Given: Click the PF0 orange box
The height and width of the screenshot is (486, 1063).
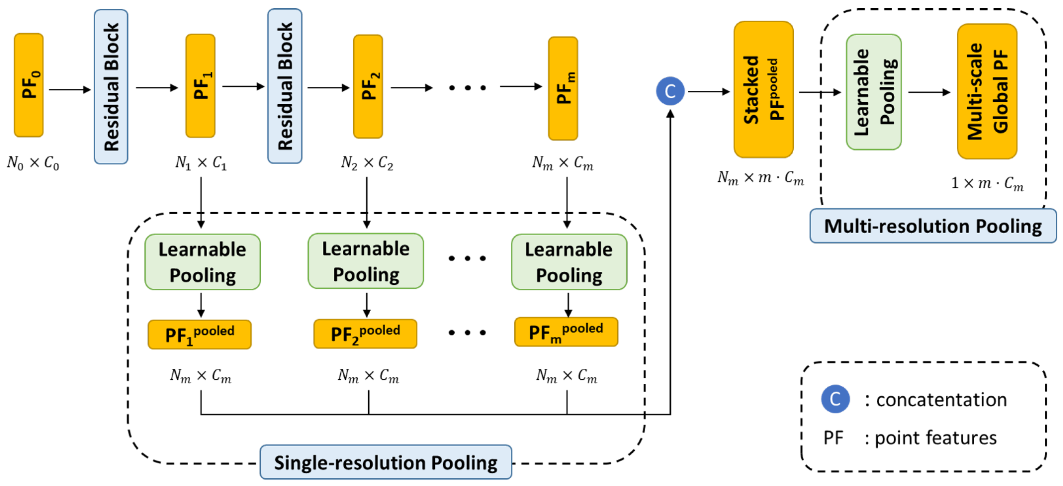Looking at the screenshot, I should [28, 85].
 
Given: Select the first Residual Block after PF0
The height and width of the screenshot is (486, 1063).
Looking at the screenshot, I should [111, 87].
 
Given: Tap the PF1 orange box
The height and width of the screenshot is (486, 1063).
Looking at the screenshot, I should [200, 86].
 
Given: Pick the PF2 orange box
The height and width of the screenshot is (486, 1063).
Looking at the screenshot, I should [368, 86].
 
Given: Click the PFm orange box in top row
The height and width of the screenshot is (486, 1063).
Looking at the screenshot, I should [563, 88].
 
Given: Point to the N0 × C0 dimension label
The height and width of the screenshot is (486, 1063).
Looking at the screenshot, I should [33, 163].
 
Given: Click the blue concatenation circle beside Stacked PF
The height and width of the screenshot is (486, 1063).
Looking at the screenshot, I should [670, 91].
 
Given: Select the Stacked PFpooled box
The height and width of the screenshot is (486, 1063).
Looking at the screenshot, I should [763, 90].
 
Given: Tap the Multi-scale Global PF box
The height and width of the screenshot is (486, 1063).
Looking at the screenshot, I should [987, 91].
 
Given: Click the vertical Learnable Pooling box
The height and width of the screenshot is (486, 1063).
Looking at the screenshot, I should [874, 92].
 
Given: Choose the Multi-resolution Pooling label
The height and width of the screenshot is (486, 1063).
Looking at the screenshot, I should [932, 226].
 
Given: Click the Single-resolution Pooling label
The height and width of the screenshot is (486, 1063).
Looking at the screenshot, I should [386, 462].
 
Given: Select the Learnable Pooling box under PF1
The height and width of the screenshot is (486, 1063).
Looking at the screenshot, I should [202, 262].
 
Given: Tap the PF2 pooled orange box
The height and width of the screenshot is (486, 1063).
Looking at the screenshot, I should [365, 333].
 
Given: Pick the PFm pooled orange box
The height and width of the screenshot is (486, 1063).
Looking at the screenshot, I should [566, 332].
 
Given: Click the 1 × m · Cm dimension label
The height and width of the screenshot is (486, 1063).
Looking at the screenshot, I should [987, 183].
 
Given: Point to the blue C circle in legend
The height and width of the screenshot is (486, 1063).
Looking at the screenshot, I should [835, 399].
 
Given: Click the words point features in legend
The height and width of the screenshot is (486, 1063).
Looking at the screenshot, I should [935, 438].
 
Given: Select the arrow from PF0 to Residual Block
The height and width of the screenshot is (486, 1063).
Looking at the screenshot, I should [69, 89].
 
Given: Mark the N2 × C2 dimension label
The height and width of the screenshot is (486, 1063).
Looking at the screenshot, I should [367, 163].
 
